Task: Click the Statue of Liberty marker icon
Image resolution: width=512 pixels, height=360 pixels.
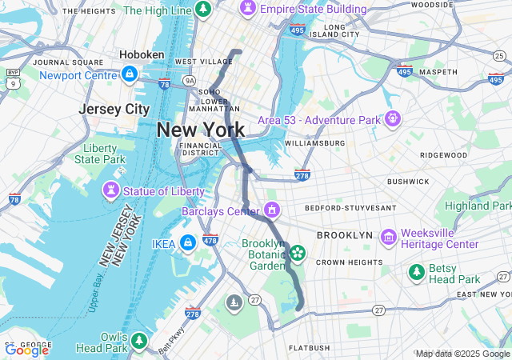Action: tap(111, 191)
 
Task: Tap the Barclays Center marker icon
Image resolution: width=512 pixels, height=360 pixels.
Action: tap(272, 210)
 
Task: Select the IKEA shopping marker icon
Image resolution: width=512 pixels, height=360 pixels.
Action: tap(187, 242)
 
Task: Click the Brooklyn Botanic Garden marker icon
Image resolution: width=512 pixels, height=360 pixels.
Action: tap(298, 253)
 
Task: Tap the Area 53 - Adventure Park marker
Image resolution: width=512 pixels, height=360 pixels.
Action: tap(393, 119)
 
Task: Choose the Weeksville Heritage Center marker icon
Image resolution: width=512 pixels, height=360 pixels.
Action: tap(389, 237)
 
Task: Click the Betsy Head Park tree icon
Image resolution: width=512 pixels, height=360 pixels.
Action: tap(416, 273)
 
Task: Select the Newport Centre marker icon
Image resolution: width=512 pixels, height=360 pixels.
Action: tap(128, 74)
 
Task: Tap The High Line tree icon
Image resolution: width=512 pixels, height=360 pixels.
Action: tap(203, 9)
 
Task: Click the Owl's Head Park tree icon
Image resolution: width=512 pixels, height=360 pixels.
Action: tap(139, 342)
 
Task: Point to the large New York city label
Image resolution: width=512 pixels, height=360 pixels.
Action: tap(201, 130)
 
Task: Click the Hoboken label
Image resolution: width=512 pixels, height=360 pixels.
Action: tap(142, 54)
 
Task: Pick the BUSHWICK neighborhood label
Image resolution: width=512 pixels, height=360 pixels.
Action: tap(409, 182)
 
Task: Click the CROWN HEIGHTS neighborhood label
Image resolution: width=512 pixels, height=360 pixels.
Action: tap(350, 262)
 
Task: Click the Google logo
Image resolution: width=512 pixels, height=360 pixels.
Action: tap(26, 350)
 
